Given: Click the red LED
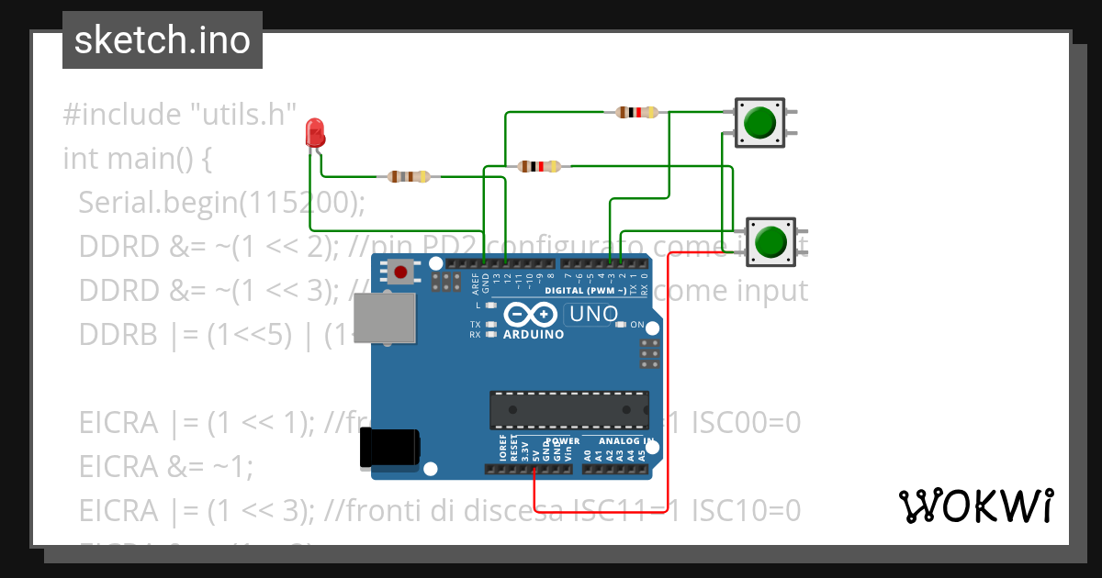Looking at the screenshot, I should pyautogui.click(x=315, y=134).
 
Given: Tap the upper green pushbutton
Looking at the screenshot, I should pyautogui.click(x=759, y=122).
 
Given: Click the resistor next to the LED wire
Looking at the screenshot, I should pyautogui.click(x=409, y=176).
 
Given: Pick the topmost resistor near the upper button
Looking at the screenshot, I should pyautogui.click(x=636, y=113).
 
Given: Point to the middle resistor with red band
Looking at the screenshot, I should pyautogui.click(x=539, y=166).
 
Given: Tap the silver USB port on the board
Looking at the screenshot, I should pyautogui.click(x=385, y=318).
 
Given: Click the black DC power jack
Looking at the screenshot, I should pyautogui.click(x=390, y=447).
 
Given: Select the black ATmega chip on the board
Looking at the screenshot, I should pyautogui.click(x=568, y=409).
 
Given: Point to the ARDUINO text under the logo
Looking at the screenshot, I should pyautogui.click(x=534, y=335).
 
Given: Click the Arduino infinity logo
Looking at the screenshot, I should pyautogui.click(x=530, y=315).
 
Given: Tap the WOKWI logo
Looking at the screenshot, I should pyautogui.click(x=975, y=506).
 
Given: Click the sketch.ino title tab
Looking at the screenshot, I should pyautogui.click(x=163, y=40).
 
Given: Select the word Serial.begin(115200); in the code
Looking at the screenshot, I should pyautogui.click(x=221, y=202).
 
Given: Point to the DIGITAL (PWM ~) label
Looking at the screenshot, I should pyautogui.click(x=585, y=291).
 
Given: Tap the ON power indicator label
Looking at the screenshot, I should pyautogui.click(x=636, y=325).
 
